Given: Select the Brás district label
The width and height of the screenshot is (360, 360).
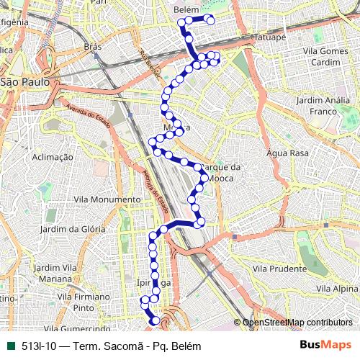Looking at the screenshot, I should click(x=92, y=46).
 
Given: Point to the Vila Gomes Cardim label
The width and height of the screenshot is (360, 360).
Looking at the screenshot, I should click(x=326, y=56).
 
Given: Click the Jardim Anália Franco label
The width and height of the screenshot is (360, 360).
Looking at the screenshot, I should click(x=315, y=107).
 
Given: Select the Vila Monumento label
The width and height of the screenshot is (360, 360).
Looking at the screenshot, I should click(x=108, y=199).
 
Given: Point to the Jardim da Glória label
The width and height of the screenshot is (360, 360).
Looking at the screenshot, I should click(x=73, y=229).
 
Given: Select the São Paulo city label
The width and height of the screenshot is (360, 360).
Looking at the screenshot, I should click(x=24, y=82).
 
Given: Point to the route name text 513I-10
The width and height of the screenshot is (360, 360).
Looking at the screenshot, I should click(x=38, y=345).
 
